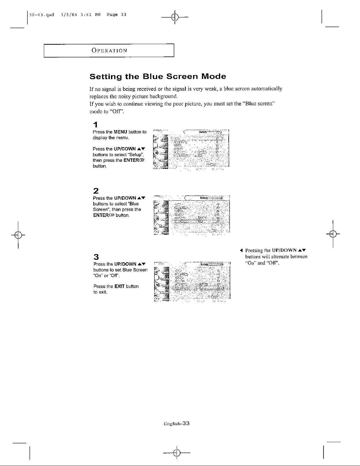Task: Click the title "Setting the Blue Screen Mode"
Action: click(x=158, y=77)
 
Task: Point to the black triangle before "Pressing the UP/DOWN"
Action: click(x=241, y=251)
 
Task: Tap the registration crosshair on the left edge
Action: click(x=18, y=234)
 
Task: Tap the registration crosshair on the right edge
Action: click(x=333, y=234)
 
